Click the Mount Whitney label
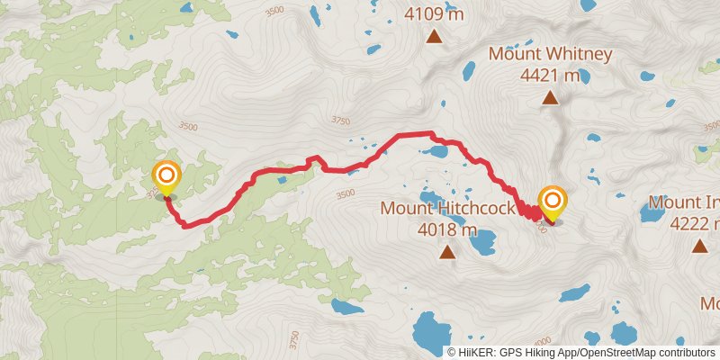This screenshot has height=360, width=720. (x=550, y=54)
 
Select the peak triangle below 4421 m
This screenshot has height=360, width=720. (x=549, y=98)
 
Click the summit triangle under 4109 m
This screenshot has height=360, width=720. (x=435, y=37)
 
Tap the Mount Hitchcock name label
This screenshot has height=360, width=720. (x=447, y=209)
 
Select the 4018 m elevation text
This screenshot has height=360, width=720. (x=447, y=229)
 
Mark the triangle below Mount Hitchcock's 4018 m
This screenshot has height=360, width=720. (x=447, y=253)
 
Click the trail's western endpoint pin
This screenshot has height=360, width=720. (x=166, y=175)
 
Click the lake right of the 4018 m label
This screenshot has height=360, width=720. (x=484, y=240)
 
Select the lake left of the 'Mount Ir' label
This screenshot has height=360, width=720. (x=651, y=212)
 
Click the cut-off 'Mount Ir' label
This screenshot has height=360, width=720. (x=684, y=202)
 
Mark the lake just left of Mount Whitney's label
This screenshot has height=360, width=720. (x=468, y=68)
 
